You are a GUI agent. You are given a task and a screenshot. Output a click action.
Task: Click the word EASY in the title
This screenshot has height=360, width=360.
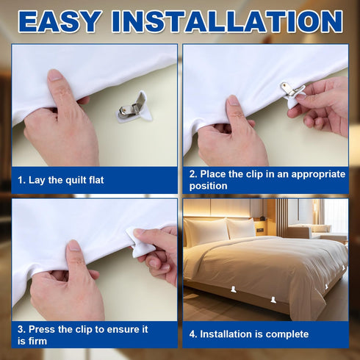[60, 21]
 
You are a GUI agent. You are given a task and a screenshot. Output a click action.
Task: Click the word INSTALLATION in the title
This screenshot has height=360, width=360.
[227, 21]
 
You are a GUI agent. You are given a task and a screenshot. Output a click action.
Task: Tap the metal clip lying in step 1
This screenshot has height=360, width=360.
[134, 107]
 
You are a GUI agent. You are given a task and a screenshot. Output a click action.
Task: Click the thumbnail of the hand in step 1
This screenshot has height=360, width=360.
[55, 75]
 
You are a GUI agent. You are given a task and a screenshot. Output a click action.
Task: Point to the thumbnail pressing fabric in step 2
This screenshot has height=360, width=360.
[233, 101]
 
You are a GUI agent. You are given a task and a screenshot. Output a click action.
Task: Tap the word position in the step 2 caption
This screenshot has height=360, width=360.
[208, 186]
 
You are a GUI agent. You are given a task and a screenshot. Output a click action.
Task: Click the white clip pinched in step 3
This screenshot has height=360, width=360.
[140, 242]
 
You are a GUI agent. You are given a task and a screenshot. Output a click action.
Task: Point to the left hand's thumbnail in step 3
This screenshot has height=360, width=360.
[73, 245]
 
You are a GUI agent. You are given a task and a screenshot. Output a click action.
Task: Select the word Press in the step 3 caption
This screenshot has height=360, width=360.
[42, 329]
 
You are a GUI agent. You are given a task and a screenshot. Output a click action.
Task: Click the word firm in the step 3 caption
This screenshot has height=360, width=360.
[37, 341]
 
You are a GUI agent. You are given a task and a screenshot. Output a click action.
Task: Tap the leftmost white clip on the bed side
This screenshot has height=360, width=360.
[234, 289]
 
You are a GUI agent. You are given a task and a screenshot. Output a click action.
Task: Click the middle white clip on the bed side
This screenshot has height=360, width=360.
[273, 300]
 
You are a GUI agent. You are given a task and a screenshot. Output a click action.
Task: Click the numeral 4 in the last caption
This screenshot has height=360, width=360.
[192, 334]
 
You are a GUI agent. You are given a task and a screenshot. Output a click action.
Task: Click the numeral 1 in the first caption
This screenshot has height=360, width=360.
[21, 180]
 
